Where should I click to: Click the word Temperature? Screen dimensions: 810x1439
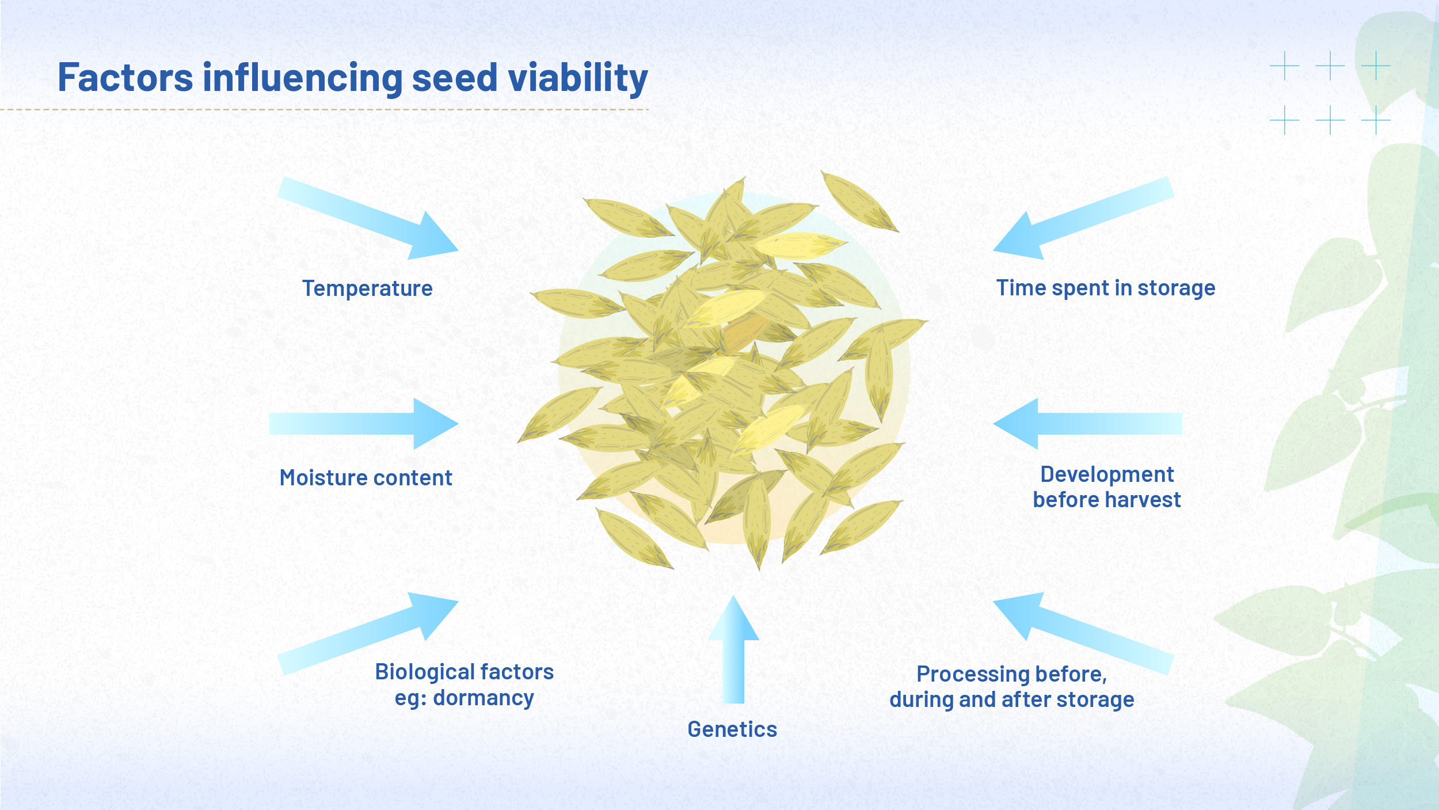coord(367,288)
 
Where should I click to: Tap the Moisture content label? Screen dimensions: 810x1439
coord(366,478)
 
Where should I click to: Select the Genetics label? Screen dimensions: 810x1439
coord(732,729)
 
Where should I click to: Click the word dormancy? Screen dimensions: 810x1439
coord(484,698)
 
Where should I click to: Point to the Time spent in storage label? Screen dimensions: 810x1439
coord(1105,288)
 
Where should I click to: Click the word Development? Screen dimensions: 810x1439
coord(1106,474)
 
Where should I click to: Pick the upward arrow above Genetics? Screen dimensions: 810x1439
coord(733,651)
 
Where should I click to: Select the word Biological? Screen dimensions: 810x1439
coord(414,672)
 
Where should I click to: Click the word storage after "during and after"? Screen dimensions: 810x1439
coord(1095,699)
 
